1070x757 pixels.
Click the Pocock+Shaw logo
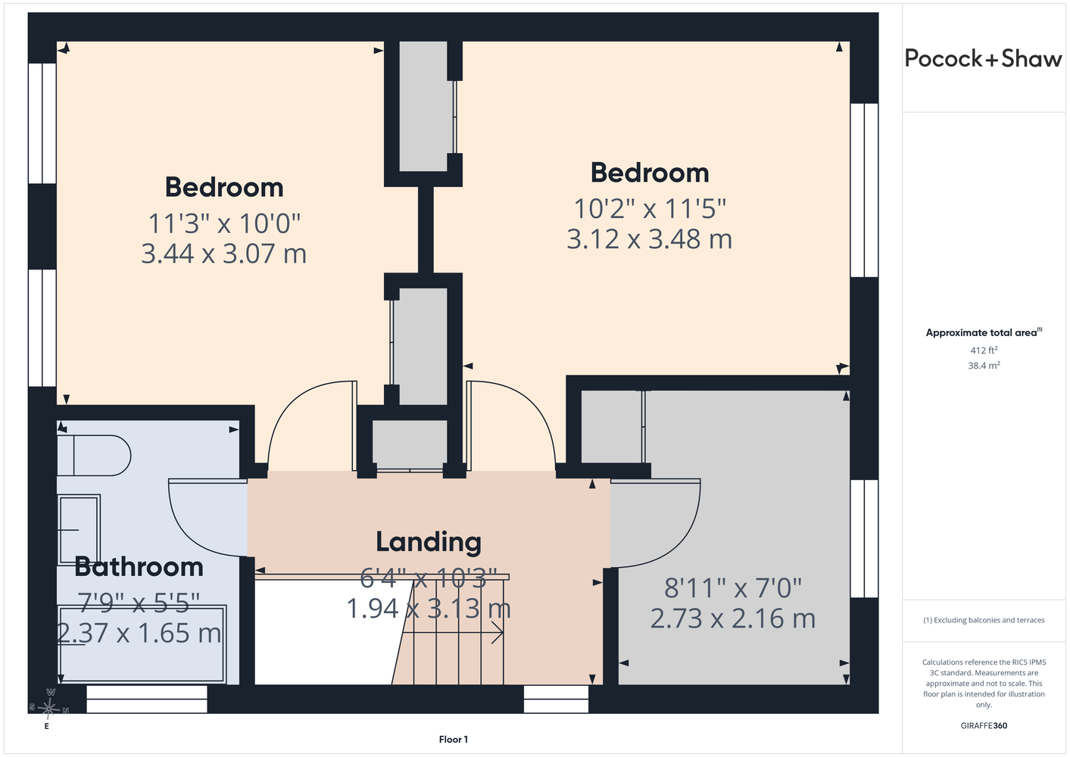click(983, 59)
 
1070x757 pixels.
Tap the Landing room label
click(429, 543)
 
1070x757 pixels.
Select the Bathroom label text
click(139, 567)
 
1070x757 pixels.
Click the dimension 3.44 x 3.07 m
click(223, 253)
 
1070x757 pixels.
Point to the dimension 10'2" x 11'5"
click(650, 209)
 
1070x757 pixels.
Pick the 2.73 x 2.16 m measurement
click(733, 618)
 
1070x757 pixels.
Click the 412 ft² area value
click(984, 350)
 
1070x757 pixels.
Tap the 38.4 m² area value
click(984, 366)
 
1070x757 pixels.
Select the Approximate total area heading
click(984, 332)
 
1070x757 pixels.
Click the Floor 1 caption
click(454, 740)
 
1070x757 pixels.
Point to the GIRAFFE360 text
click(984, 725)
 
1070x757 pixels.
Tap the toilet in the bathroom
click(94, 455)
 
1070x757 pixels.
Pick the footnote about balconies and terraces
click(984, 620)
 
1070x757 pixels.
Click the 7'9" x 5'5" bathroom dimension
click(139, 603)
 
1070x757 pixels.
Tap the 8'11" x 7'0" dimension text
click(733, 588)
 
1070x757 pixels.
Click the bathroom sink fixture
click(79, 530)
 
